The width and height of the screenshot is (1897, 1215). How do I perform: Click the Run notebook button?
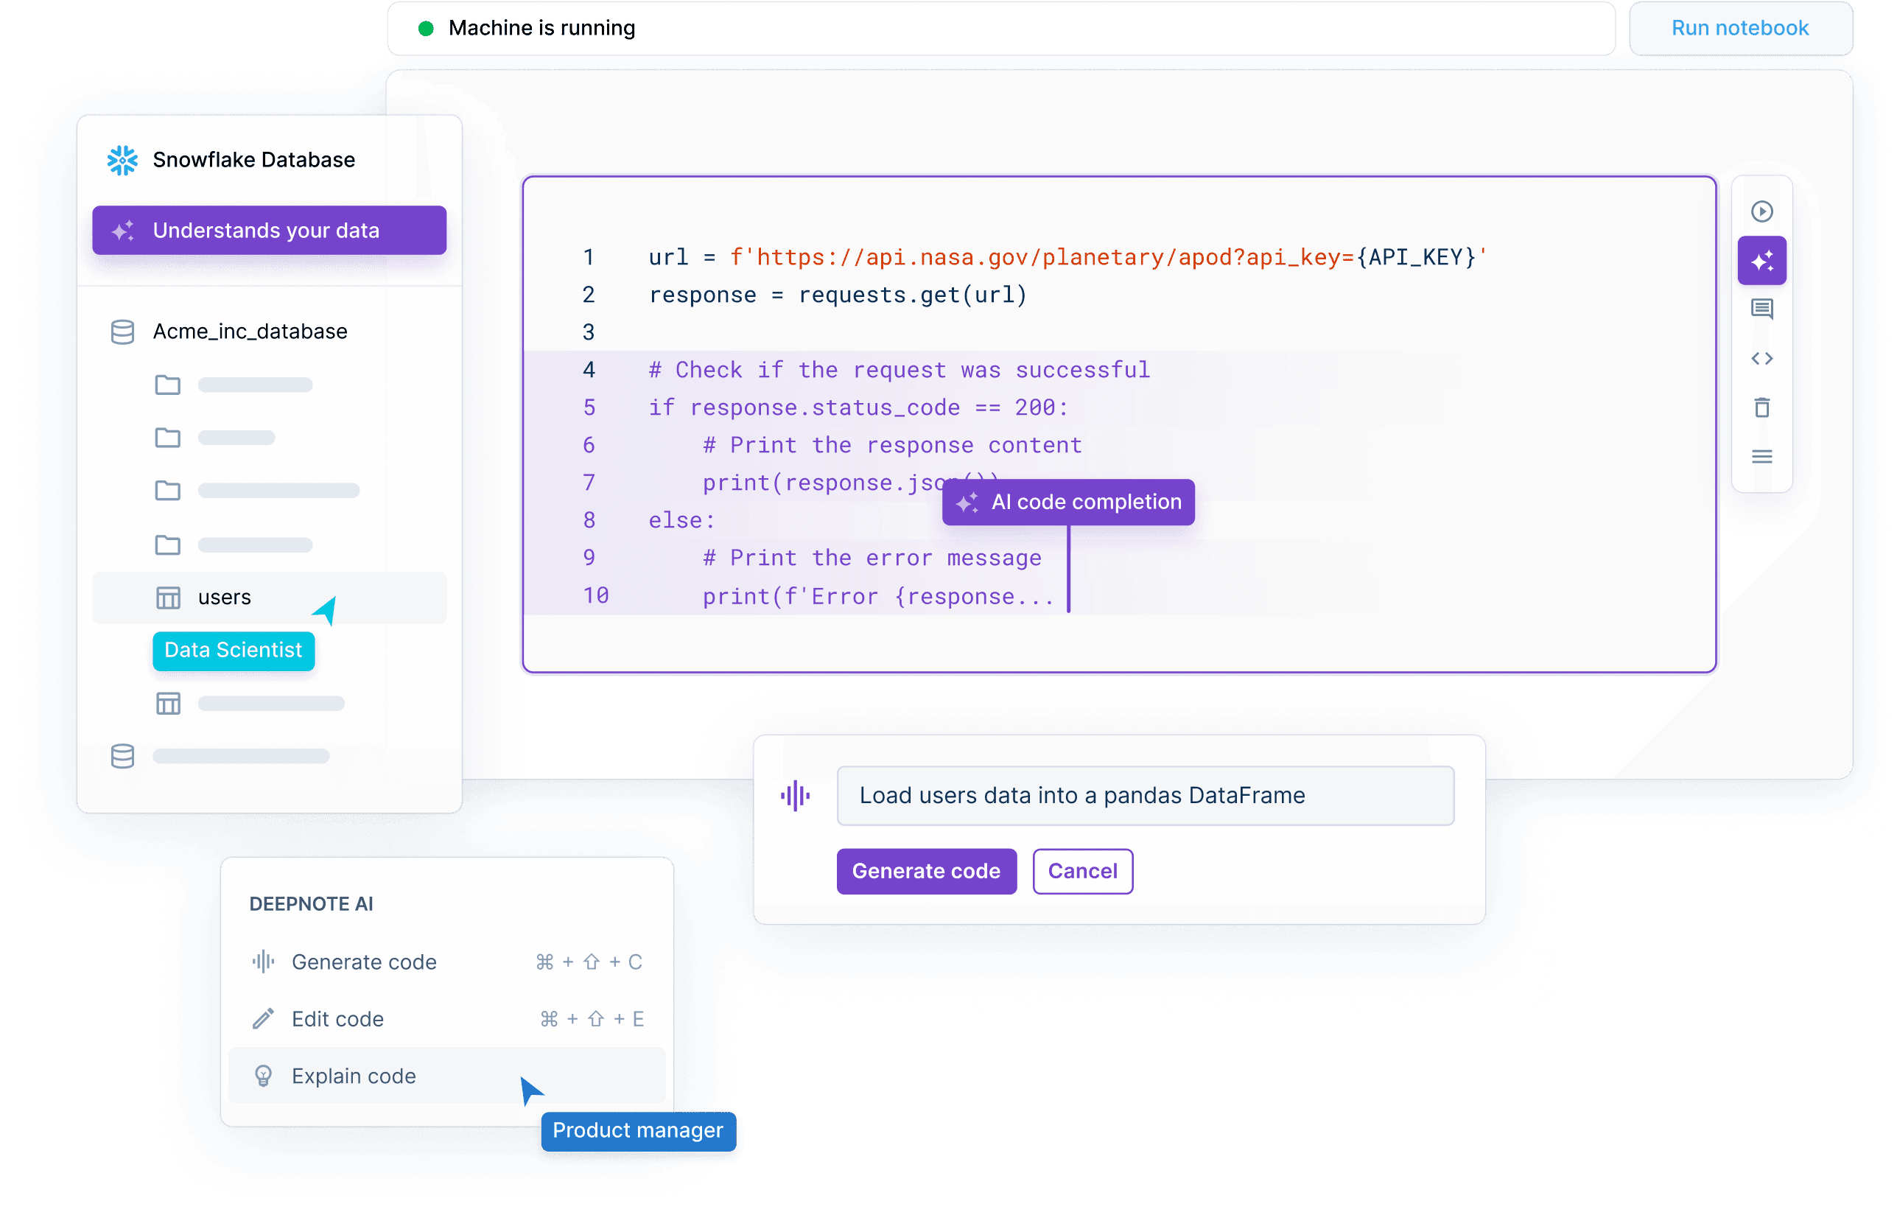[1739, 29]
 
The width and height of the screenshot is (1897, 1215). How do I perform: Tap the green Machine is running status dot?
[426, 29]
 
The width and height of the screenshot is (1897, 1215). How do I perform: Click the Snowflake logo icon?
[122, 160]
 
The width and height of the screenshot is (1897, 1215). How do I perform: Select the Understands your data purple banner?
[269, 231]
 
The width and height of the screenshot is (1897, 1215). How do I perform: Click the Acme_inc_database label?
[250, 332]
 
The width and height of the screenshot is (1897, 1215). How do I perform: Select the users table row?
[269, 598]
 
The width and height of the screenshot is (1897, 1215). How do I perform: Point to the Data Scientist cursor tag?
[234, 650]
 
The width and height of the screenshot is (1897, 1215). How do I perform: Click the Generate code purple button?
[926, 871]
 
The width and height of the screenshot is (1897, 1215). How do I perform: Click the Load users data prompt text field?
[1146, 795]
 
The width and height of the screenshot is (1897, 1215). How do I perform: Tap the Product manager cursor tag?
[638, 1130]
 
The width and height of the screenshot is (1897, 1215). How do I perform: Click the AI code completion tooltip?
[1068, 502]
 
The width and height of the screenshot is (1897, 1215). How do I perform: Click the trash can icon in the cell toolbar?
[1761, 408]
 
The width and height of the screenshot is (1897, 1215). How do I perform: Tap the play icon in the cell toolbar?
[1761, 211]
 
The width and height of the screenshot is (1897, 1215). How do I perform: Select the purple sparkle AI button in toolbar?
[1761, 260]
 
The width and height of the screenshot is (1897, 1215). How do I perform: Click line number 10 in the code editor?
[596, 595]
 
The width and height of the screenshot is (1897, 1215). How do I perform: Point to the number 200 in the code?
[1035, 407]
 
